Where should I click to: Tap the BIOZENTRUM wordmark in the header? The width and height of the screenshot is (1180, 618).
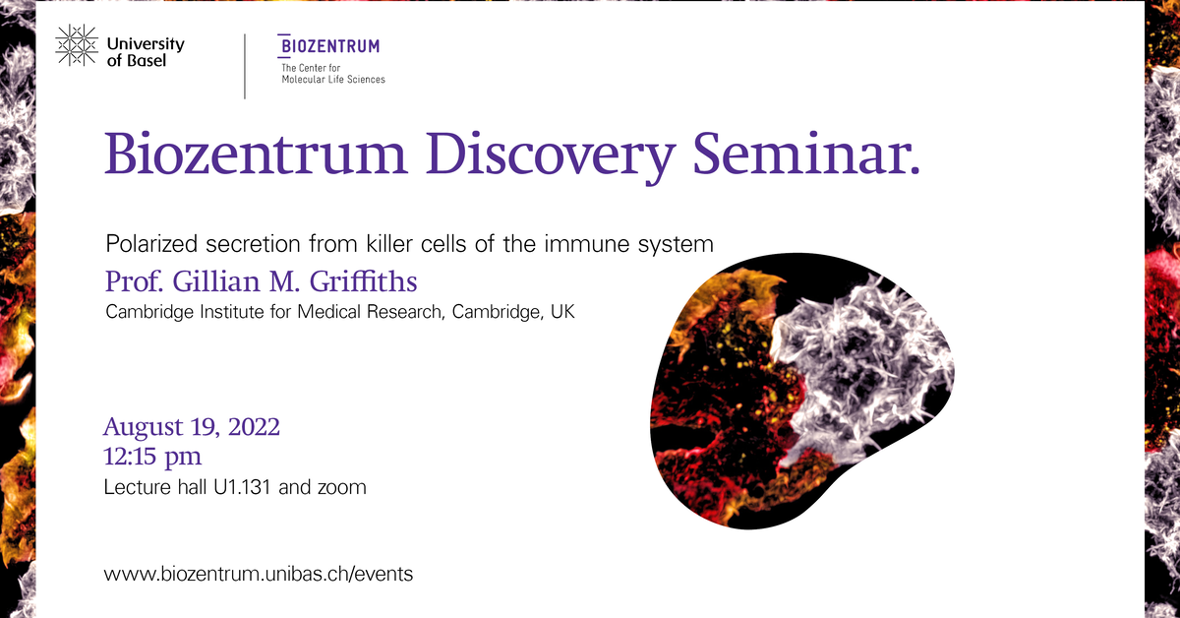(x=329, y=46)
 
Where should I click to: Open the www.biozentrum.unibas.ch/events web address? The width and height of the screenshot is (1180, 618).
(x=259, y=574)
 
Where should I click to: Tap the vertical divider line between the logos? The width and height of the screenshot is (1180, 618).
(x=244, y=66)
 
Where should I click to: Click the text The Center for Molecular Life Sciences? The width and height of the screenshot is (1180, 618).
(x=332, y=73)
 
